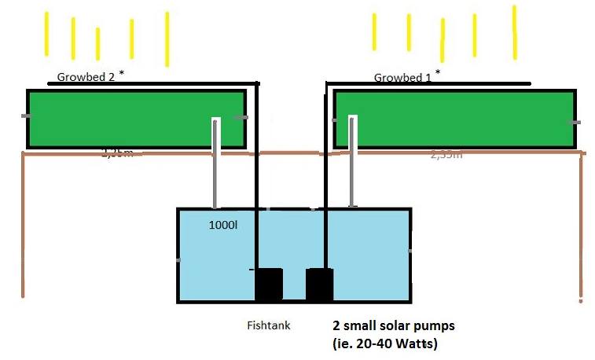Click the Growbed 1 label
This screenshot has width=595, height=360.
click(403, 77)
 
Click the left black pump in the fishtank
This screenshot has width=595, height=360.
click(269, 284)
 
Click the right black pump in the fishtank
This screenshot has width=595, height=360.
click(319, 284)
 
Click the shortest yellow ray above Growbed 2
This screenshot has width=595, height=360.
click(97, 43)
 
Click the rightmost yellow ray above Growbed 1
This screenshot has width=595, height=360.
click(514, 31)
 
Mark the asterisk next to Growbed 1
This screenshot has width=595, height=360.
click(438, 72)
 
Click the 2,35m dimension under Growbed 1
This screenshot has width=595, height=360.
click(446, 155)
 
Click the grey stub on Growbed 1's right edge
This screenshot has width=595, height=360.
click(575, 123)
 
